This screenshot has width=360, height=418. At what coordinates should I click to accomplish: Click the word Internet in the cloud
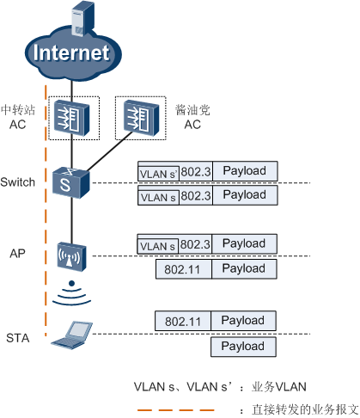pos(71,53)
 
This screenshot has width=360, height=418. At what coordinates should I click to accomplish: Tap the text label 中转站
pos(18,110)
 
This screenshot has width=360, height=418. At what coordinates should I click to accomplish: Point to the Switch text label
pos(18,182)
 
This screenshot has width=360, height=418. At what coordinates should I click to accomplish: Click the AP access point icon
pos(71,255)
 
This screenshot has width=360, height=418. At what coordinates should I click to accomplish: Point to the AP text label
pos(17,255)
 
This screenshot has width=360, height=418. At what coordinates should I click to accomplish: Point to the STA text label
pos(17,338)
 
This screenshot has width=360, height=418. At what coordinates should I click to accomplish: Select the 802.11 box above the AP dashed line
pos(183,269)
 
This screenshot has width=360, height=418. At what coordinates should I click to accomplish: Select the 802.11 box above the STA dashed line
pos(183,321)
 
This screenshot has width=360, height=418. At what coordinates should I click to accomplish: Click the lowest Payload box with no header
pos(244,346)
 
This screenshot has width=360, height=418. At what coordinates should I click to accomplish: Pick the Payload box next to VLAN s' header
pos(245,170)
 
